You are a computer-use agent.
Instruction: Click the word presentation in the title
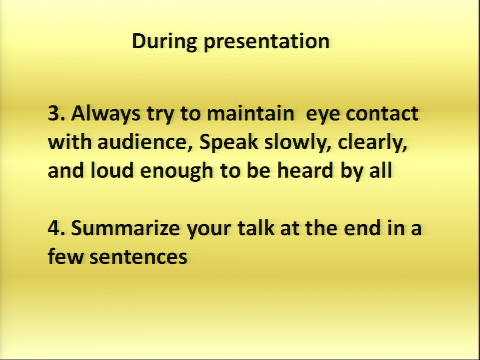(x=266, y=42)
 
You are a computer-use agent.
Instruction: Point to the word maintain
(x=251, y=113)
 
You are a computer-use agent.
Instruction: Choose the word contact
(x=382, y=113)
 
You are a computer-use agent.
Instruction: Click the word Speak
(x=229, y=143)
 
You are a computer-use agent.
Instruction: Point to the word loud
(x=112, y=170)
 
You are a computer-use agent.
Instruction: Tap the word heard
(x=305, y=170)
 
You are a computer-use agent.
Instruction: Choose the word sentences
(x=138, y=257)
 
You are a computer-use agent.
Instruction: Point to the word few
(x=66, y=256)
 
